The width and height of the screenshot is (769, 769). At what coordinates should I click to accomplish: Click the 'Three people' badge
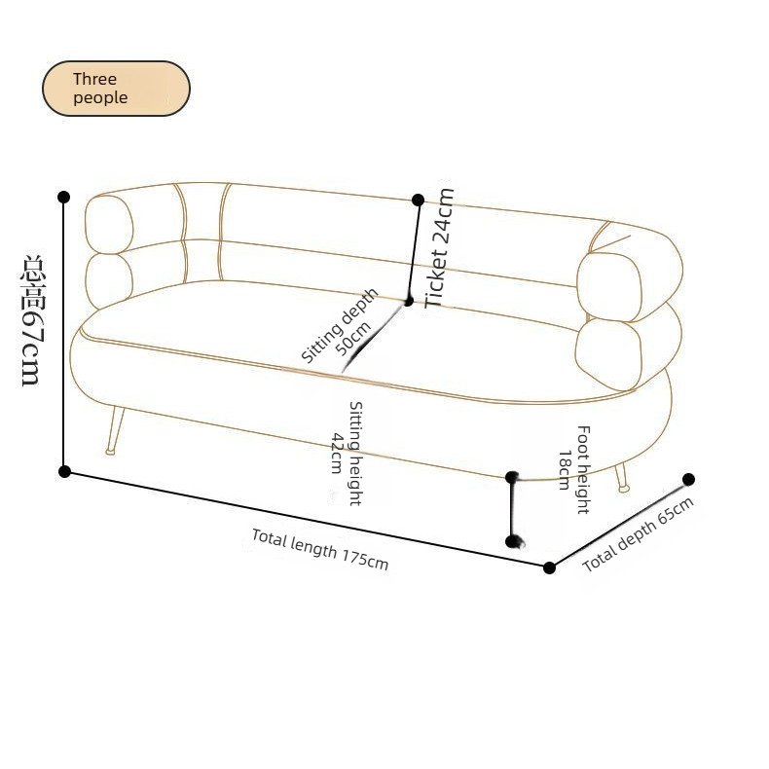116,89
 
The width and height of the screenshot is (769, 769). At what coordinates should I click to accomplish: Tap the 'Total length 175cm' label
319,549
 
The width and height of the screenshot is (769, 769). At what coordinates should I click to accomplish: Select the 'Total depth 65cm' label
638,534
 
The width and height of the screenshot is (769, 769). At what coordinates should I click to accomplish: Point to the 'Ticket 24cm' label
438,248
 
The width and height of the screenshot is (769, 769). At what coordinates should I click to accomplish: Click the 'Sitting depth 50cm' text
341,326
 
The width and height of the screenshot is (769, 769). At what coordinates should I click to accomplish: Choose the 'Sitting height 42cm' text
348,454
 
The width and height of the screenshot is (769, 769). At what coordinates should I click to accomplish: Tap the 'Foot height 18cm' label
574,469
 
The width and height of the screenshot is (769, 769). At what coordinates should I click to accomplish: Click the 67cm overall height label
34,320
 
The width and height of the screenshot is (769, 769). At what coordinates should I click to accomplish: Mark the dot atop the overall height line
63,198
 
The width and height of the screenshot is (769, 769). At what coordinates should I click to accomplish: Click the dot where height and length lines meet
64,472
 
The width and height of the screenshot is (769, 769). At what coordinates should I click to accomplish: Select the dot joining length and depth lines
549,568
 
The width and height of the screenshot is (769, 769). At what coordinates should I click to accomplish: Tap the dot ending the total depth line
688,479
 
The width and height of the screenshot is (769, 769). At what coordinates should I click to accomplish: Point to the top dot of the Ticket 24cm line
418,201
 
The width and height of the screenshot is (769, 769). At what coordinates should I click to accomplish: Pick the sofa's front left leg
115,430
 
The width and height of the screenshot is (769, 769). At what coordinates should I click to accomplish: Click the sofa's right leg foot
624,488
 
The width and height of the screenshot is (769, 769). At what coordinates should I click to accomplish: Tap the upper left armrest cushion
109,225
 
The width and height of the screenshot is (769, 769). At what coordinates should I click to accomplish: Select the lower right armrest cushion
608,354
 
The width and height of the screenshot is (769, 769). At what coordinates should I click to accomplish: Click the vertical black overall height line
63,335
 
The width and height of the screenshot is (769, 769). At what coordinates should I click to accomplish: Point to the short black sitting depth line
374,337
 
